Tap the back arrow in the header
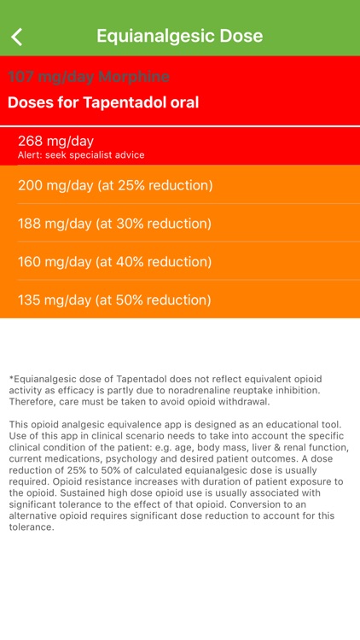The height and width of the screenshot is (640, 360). (16, 36)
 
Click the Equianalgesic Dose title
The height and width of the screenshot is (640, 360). (179, 36)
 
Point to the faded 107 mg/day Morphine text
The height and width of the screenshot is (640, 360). (89, 77)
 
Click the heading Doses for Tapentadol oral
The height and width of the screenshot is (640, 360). (103, 102)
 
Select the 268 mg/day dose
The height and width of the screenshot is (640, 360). (55, 141)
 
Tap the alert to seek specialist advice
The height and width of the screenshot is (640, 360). (81, 155)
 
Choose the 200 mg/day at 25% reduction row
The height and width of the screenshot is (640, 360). (115, 185)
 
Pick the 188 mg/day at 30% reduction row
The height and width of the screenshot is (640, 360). (115, 224)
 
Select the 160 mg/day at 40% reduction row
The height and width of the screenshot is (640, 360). (115, 262)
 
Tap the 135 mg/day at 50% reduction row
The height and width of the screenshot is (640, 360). (115, 300)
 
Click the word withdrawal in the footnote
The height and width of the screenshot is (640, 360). (240, 401)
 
